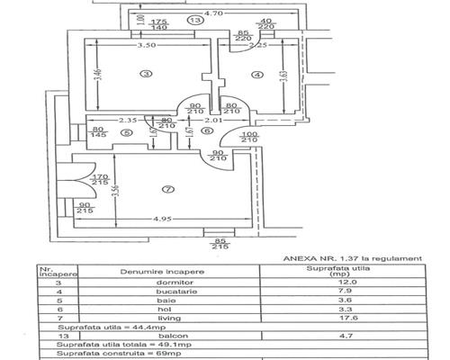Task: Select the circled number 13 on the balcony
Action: pyautogui.click(x=193, y=18)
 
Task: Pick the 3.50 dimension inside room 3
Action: pyautogui.click(x=138, y=44)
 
